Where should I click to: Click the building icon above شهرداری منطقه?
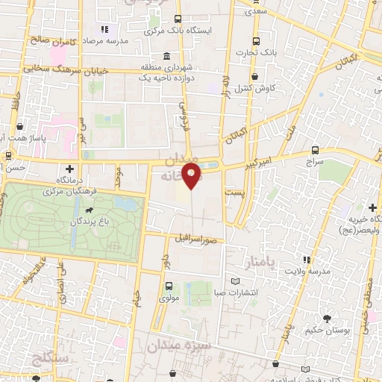pyautogui.click(x=166, y=57)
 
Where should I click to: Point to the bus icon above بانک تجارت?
pyautogui.click(x=257, y=42)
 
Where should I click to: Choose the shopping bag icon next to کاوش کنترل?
pyautogui.click(x=255, y=76)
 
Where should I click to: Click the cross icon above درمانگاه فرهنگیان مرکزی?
pyautogui.click(x=70, y=169)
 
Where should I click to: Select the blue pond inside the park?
pyautogui.click(x=125, y=202)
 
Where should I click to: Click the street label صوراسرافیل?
pyautogui.click(x=196, y=240)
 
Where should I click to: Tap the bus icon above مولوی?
pyautogui.click(x=168, y=285)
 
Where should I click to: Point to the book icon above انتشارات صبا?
pyautogui.click(x=237, y=281)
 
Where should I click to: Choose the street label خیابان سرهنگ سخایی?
pyautogui.click(x=69, y=68)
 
